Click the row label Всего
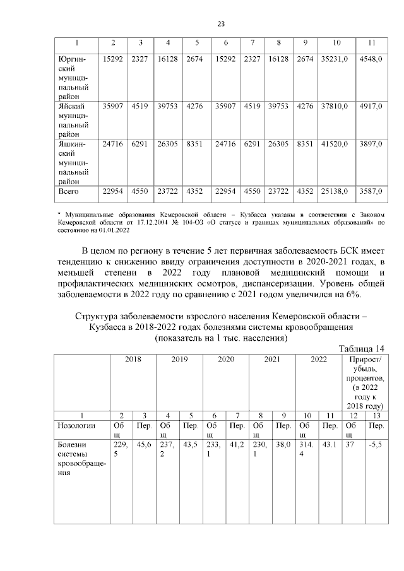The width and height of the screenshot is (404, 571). point(68,191)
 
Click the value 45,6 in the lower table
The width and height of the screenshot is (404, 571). point(144,444)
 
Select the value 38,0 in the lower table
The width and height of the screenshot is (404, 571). point(283,444)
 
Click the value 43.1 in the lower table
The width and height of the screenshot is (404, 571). point(330,444)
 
